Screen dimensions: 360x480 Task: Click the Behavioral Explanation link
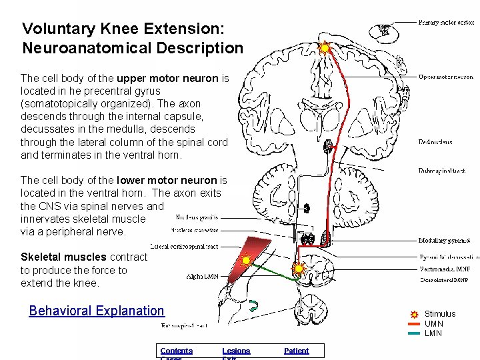click(x=97, y=311)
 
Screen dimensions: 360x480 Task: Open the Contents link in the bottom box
click(x=176, y=351)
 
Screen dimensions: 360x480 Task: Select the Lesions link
click(x=236, y=351)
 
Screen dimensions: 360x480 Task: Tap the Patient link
click(x=296, y=351)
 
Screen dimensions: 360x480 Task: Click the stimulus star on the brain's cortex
click(x=325, y=48)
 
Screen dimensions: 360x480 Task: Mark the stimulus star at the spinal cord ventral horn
click(x=298, y=269)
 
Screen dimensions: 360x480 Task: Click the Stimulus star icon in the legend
click(x=414, y=314)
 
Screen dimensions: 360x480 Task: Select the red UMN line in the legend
click(x=414, y=324)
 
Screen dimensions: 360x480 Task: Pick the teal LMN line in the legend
click(x=414, y=333)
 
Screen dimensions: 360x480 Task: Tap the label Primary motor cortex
click(x=446, y=23)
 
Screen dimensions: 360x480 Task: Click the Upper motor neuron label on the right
click(x=445, y=77)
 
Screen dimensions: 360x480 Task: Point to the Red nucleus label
click(x=435, y=142)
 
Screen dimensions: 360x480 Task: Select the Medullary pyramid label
click(x=444, y=241)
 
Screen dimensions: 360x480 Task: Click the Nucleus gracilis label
click(x=197, y=217)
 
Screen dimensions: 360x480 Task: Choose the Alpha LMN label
click(x=202, y=276)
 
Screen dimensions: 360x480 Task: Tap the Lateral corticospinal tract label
click(x=184, y=246)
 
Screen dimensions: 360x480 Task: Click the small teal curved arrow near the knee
click(x=254, y=306)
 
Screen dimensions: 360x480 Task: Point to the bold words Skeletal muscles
click(x=63, y=257)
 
